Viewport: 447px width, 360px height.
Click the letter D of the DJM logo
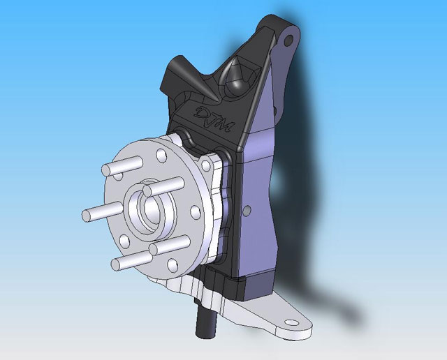click(x=202, y=112)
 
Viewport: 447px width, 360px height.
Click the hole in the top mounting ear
click(x=288, y=40)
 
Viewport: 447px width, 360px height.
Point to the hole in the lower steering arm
click(x=291, y=322)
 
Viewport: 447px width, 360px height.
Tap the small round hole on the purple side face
click(x=246, y=211)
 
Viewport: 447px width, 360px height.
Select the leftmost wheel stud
click(x=102, y=211)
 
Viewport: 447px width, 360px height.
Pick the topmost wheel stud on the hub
click(x=122, y=166)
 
